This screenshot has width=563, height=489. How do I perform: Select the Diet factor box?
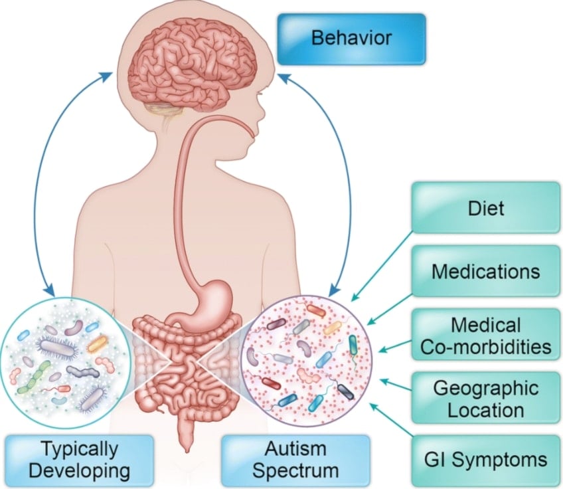point(487,208)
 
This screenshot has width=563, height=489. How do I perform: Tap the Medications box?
point(485,271)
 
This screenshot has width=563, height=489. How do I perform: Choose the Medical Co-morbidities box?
point(485,336)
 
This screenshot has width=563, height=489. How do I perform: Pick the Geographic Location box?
point(485,398)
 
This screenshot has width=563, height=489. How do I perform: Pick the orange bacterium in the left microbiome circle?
point(98,343)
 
